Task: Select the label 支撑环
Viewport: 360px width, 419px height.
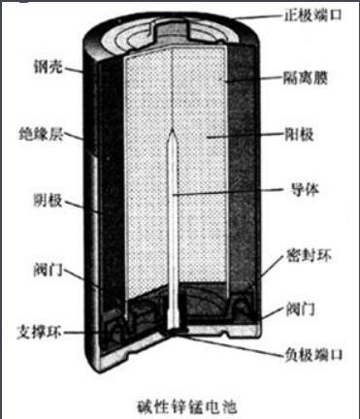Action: point(38,327)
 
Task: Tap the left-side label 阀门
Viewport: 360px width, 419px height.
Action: point(38,270)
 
